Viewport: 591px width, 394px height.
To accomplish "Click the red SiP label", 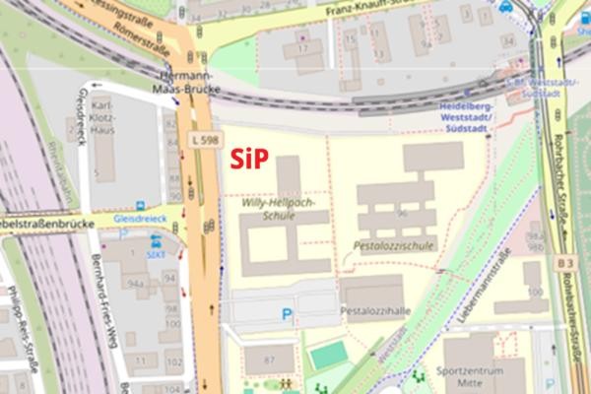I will coord(249,158).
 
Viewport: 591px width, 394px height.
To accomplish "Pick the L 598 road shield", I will coord(206,141).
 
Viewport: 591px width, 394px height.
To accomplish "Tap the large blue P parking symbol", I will coord(288,315).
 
